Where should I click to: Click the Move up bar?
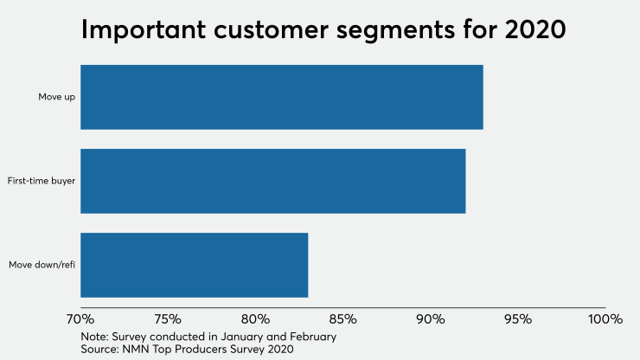281,97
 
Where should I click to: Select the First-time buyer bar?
272,181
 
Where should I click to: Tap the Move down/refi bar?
194,265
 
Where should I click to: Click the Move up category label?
57,97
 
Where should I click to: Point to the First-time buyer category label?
42,181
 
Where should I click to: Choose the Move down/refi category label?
42,265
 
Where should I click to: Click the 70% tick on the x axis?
81,319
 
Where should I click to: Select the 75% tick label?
169,319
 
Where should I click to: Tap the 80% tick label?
256,319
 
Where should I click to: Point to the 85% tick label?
343,319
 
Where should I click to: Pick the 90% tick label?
431,319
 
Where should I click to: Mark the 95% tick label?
517,319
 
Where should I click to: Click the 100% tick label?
604,319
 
